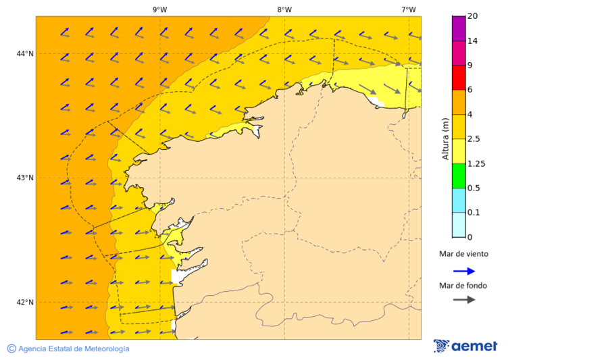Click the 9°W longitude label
pyautogui.click(x=159, y=9)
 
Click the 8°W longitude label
pyautogui.click(x=284, y=9)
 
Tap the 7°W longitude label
pyautogui.click(x=408, y=9)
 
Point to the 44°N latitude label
pyautogui.click(x=25, y=53)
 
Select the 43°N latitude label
pyautogui.click(x=25, y=178)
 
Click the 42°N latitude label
pyautogui.click(x=25, y=302)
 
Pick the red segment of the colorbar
pyautogui.click(x=458, y=77)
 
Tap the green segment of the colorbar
pyautogui.click(x=458, y=176)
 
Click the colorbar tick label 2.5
pyautogui.click(x=474, y=139)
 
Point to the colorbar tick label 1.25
pyautogui.click(x=477, y=163)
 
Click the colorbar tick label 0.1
pyautogui.click(x=474, y=213)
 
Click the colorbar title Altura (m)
pyautogui.click(x=445, y=138)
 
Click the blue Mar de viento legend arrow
pyautogui.click(x=464, y=271)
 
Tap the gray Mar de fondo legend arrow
pyautogui.click(x=464, y=300)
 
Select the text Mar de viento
pyautogui.click(x=463, y=255)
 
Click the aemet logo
pyautogui.click(x=465, y=346)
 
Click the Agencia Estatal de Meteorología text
pyautogui.click(x=74, y=349)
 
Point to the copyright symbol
pyautogui.click(x=11, y=349)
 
